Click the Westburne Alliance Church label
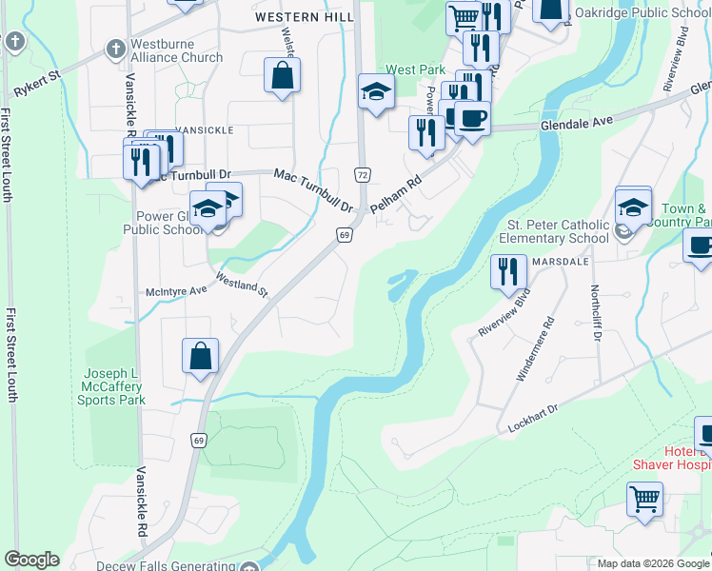click(176, 49)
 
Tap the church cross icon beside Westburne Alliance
click(115, 48)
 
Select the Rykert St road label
click(37, 84)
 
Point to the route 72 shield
click(362, 174)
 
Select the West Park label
click(409, 70)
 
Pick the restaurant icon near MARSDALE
click(508, 271)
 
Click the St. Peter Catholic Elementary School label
click(553, 231)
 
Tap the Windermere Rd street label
click(533, 349)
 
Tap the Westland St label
click(242, 285)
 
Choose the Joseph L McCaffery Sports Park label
click(113, 386)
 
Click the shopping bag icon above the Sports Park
click(201, 356)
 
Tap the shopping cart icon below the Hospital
click(644, 498)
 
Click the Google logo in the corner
click(31, 560)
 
